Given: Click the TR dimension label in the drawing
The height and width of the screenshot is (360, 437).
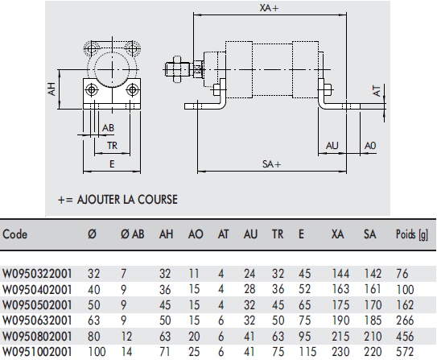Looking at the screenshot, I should [x=113, y=146].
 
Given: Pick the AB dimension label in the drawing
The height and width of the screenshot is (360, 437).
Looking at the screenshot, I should [x=107, y=128].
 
